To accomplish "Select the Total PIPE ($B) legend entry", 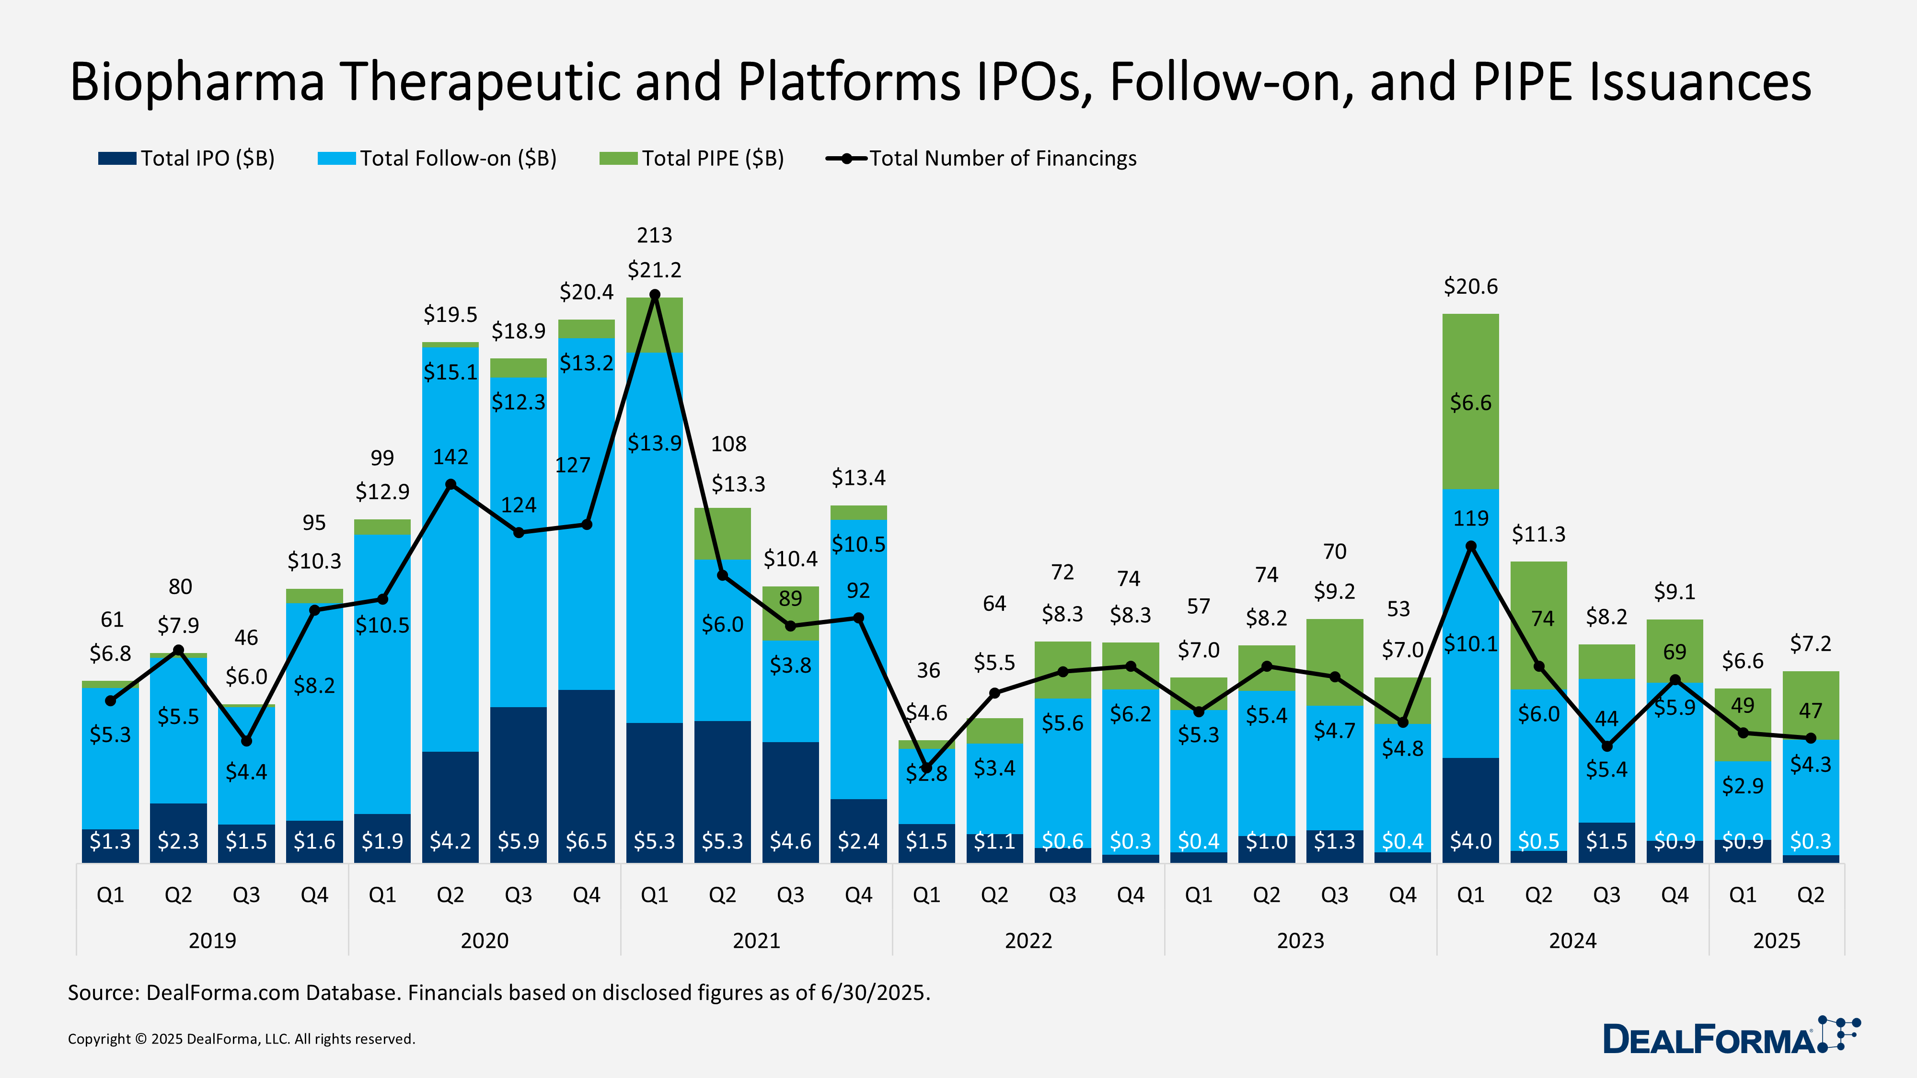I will click(x=692, y=159).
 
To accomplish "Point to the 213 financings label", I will click(x=654, y=235).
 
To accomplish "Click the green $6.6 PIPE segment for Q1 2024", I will click(x=1470, y=402).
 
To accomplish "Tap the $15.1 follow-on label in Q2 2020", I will click(x=450, y=371).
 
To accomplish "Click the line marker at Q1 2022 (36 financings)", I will click(x=926, y=768).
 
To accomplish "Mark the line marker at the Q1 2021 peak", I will click(x=655, y=295).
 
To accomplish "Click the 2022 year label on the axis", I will click(x=1028, y=940).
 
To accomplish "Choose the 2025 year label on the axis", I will click(x=1777, y=940).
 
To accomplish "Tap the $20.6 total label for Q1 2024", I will click(x=1470, y=287).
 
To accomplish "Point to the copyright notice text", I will click(x=241, y=1039).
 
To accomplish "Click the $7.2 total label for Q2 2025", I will click(x=1810, y=643).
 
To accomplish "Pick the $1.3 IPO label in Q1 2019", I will click(x=110, y=841).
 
